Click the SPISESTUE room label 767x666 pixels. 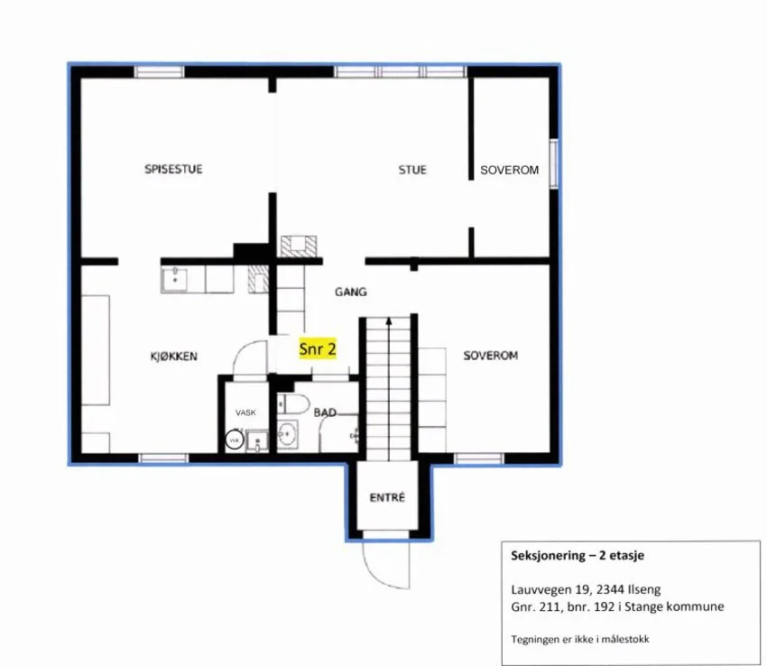173,170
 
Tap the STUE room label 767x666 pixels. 412,170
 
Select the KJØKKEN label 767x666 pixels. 173,356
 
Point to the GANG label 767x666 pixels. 351,292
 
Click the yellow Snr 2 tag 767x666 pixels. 318,349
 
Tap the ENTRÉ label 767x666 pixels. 387,497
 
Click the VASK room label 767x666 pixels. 245,412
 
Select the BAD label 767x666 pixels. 325,412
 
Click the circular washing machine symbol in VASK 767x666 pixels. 235,439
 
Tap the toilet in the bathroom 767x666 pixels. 293,404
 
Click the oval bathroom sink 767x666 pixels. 287,433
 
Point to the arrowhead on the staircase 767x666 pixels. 389,321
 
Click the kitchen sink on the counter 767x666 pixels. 175,279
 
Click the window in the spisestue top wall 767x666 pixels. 160,72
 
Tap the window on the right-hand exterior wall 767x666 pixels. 554,163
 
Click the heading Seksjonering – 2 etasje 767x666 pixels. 578,555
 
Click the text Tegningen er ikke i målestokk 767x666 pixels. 580,639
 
